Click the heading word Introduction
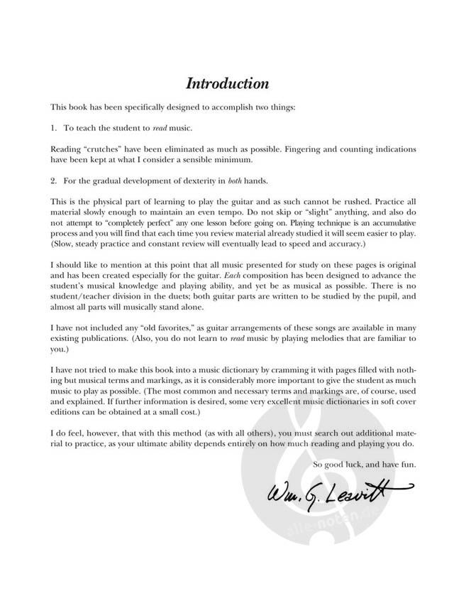point(227,84)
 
